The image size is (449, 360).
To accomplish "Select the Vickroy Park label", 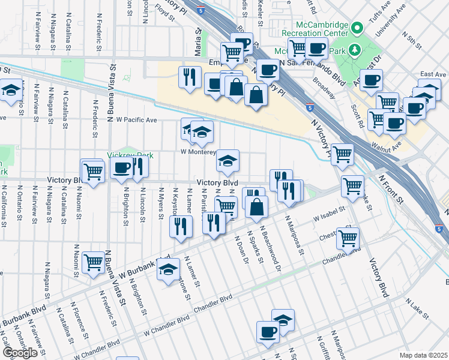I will point(131,155).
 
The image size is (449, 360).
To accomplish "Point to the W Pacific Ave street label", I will point(136,120).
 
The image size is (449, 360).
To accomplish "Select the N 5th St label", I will point(414,43).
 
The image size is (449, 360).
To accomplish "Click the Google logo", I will point(20,352).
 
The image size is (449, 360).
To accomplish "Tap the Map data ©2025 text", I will point(423,355).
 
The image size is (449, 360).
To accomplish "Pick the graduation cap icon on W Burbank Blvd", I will point(168,269).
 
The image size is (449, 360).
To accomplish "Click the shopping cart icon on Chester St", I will point(348,238).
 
